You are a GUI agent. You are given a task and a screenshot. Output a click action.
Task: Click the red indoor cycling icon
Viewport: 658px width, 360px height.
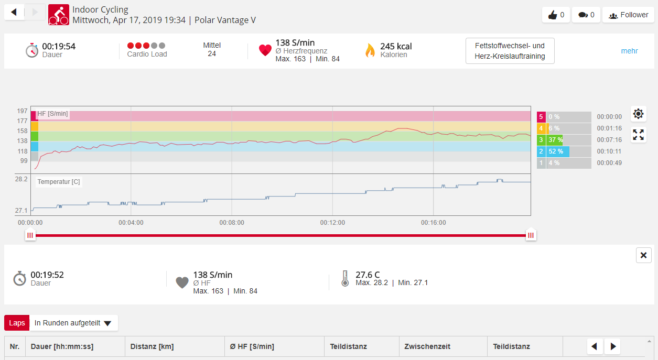pyautogui.click(x=59, y=15)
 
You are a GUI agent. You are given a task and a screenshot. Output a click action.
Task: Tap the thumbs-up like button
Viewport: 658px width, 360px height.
pyautogui.click(x=556, y=15)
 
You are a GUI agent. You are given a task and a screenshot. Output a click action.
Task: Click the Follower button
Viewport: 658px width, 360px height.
pyautogui.click(x=628, y=15)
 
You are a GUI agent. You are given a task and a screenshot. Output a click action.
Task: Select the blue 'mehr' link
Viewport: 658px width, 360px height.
pyautogui.click(x=629, y=51)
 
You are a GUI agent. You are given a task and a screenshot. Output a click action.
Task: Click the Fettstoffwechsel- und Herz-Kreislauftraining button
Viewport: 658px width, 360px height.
pyautogui.click(x=510, y=51)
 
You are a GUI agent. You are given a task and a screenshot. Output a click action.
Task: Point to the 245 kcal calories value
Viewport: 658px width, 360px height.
pyautogui.click(x=396, y=46)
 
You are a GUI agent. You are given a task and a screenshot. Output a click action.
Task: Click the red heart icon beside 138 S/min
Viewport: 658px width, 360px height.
pyautogui.click(x=265, y=50)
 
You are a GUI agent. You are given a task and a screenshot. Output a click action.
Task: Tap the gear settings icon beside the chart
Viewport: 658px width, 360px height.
pyautogui.click(x=638, y=114)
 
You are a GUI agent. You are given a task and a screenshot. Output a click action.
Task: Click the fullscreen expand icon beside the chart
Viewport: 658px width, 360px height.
pyautogui.click(x=638, y=135)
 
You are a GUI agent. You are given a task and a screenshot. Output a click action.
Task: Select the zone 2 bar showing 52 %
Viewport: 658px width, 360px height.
pyautogui.click(x=564, y=151)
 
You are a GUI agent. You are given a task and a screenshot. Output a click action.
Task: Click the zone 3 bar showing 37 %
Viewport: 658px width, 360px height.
pyautogui.click(x=564, y=140)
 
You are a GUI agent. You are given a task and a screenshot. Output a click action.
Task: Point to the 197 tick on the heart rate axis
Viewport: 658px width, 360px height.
pyautogui.click(x=22, y=111)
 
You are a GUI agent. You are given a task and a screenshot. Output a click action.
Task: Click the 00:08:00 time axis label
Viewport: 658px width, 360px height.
pyautogui.click(x=232, y=223)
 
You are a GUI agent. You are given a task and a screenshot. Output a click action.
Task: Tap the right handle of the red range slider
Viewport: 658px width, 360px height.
pyautogui.click(x=531, y=236)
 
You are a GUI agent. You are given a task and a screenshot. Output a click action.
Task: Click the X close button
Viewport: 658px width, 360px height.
pyautogui.click(x=643, y=255)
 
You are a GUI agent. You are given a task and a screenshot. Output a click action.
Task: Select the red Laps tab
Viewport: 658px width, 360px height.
pyautogui.click(x=17, y=323)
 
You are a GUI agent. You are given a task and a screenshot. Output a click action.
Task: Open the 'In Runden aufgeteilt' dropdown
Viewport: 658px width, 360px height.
pyautogui.click(x=73, y=323)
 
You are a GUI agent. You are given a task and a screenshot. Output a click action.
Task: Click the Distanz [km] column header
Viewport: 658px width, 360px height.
pyautogui.click(x=152, y=346)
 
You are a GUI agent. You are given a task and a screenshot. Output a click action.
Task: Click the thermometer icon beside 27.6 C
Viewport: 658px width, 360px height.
pyautogui.click(x=344, y=278)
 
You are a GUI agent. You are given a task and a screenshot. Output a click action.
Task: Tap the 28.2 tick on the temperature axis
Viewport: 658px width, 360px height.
pyautogui.click(x=21, y=179)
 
